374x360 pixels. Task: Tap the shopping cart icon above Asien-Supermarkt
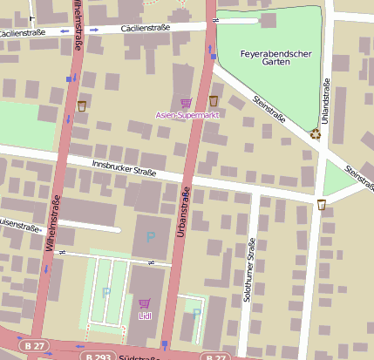tap(186, 103)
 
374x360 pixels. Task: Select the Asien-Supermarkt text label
tap(187, 114)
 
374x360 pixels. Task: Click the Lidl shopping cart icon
tap(144, 304)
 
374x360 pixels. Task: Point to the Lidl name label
tap(144, 316)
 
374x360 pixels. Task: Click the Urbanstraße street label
tap(184, 209)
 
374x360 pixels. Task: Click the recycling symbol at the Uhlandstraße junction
tap(315, 133)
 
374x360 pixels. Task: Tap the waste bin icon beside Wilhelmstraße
tap(82, 105)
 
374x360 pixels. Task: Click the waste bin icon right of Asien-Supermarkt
tap(214, 100)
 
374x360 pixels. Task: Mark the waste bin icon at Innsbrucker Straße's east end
tap(322, 205)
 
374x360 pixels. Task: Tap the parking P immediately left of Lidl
tap(105, 293)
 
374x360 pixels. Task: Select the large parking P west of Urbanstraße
tap(150, 236)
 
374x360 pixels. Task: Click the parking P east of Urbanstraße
tap(196, 312)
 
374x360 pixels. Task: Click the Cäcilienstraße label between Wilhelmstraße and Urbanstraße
tap(146, 28)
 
